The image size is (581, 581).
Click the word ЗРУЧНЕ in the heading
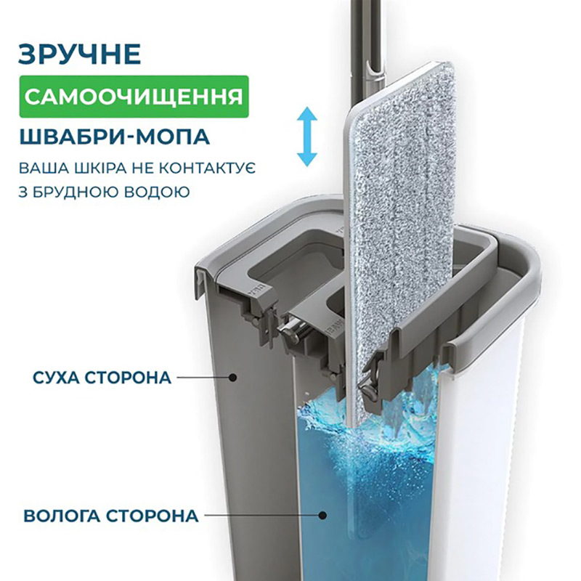click(x=80, y=54)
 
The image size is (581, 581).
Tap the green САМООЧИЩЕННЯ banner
click(x=134, y=97)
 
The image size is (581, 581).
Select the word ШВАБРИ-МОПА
click(x=115, y=136)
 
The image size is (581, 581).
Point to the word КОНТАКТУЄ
click(x=207, y=168)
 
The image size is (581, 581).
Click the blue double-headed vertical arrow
click(x=307, y=137)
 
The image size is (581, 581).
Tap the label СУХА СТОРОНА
click(x=102, y=378)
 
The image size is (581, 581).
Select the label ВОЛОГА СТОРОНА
click(x=111, y=516)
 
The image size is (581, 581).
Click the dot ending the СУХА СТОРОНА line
click(x=233, y=378)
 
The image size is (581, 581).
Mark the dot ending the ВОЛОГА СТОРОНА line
click(x=323, y=516)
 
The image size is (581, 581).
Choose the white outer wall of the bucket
click(x=478, y=463)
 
